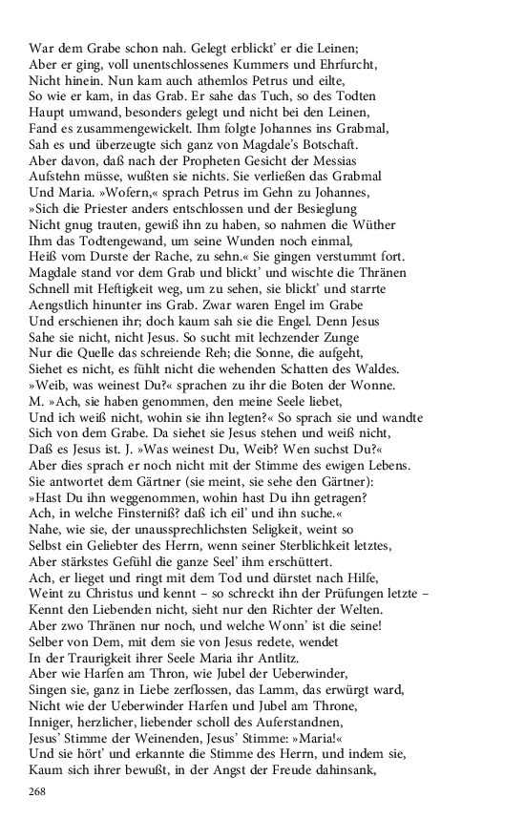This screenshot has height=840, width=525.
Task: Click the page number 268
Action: click(37, 791)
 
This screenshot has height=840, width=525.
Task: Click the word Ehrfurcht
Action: click(346, 64)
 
